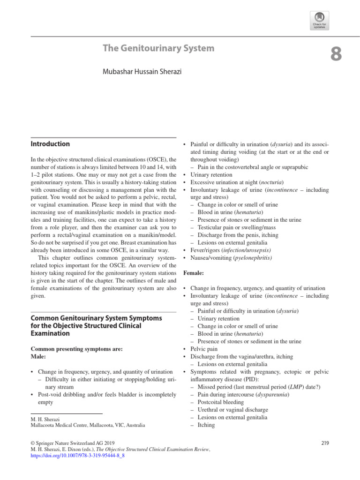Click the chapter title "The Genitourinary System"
click(158, 48)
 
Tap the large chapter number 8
click(336, 55)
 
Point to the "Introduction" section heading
click(50, 144)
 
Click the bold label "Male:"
click(39, 357)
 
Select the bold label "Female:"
click(193, 272)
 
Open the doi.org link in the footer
click(77, 455)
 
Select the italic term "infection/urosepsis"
click(247, 250)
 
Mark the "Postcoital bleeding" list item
click(220, 402)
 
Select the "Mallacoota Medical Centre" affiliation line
click(88, 425)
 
